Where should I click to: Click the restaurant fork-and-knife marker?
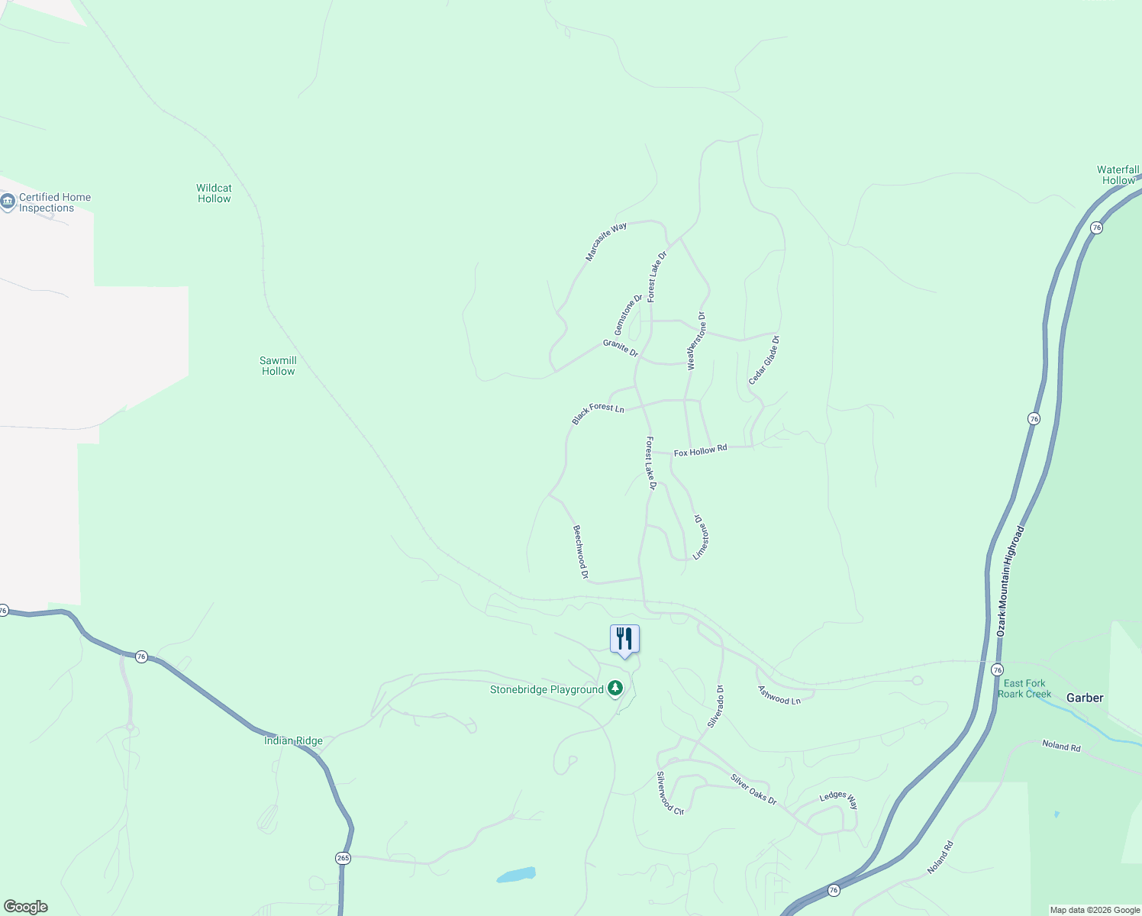624,638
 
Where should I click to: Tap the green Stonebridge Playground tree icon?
615,689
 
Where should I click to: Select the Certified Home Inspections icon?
8,202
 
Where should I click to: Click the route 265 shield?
343,858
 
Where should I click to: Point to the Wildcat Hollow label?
214,193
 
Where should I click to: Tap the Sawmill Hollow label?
278,366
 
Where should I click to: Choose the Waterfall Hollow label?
1118,175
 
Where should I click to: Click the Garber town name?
1085,698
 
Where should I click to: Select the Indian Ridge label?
293,740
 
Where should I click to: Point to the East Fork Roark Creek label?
1024,689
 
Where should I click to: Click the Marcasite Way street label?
606,242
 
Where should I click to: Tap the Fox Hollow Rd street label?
700,450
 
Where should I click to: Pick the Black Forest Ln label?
598,413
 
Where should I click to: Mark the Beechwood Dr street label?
581,552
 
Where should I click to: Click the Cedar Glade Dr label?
763,360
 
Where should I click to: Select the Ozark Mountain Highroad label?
1010,581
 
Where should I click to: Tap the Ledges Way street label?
839,800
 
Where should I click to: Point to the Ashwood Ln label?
779,695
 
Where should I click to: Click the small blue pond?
517,874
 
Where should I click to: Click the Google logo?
26,907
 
